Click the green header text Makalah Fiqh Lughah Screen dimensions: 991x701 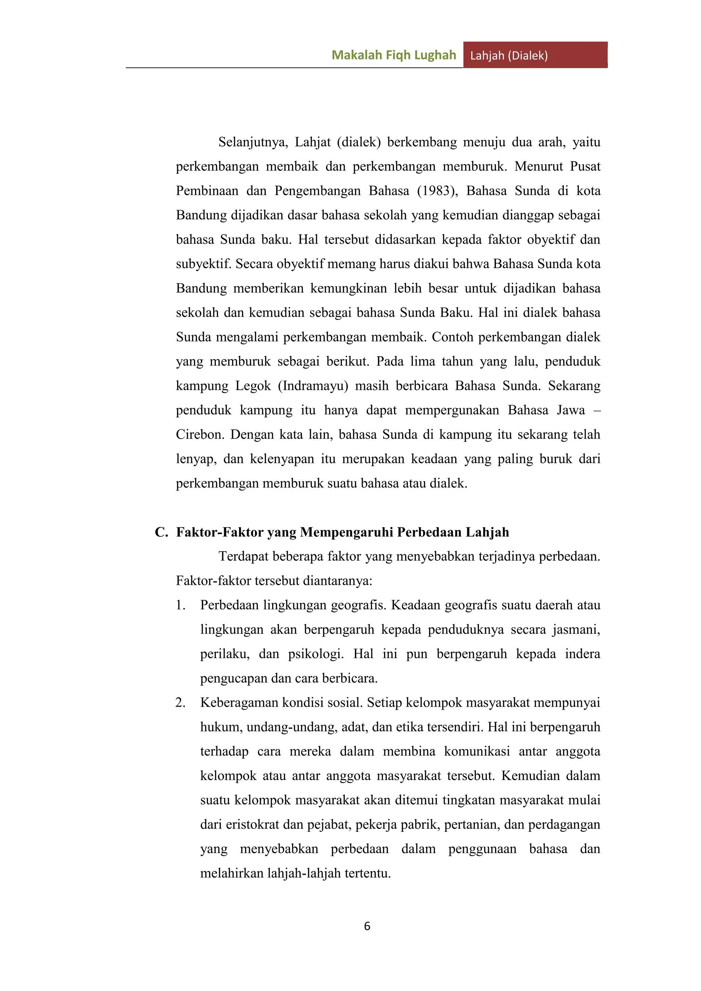394,55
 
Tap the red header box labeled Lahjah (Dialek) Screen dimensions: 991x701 535,55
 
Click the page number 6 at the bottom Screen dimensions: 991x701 367,926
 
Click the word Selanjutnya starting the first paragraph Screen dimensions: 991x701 253,142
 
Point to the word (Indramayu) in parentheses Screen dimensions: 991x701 313,385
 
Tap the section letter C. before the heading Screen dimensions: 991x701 162,532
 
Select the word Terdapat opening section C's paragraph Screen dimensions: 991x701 245,556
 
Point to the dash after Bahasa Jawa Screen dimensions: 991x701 597,410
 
